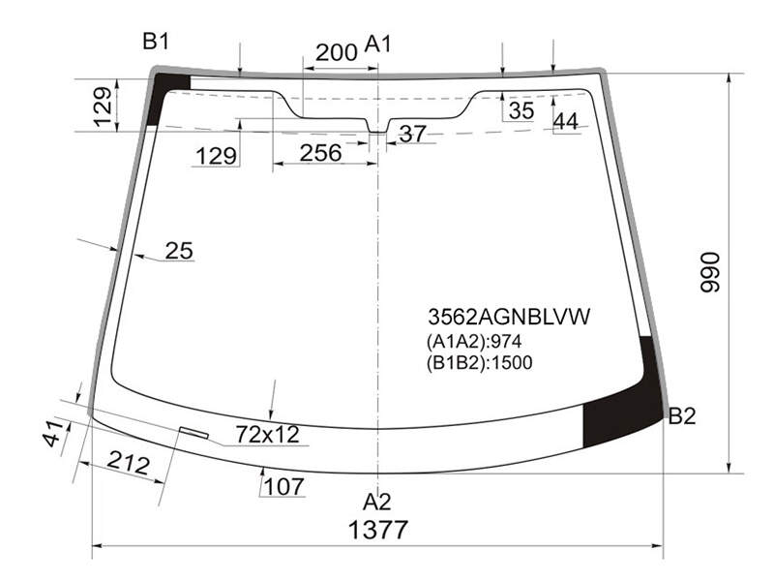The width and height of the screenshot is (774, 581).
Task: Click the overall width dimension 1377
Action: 378,530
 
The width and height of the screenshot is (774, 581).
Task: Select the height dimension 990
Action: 711,272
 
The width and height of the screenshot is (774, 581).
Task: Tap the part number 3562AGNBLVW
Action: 509,317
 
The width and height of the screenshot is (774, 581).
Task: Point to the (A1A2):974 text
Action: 474,342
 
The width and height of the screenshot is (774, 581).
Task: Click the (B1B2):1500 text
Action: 479,362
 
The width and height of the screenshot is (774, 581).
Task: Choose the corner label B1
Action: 156,41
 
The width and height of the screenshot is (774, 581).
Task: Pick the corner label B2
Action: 682,416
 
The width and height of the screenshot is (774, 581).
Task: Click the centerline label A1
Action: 378,44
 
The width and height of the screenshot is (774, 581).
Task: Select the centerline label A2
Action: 377,502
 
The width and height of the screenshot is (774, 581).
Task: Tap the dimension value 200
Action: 336,52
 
